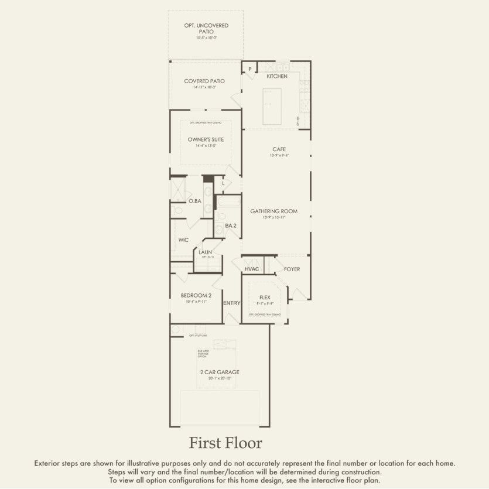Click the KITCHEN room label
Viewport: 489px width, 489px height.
click(x=277, y=77)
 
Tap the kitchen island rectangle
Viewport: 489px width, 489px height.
click(x=271, y=106)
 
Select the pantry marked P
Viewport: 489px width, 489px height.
click(x=249, y=70)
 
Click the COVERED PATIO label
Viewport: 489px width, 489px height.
click(x=204, y=81)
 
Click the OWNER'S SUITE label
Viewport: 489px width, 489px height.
click(x=206, y=139)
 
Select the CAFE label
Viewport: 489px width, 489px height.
click(x=279, y=149)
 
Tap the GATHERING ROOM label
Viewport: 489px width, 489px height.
click(x=274, y=211)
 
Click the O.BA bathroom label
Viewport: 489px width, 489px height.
click(x=195, y=201)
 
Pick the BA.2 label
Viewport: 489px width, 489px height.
click(x=231, y=225)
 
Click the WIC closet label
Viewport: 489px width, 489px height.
click(x=183, y=240)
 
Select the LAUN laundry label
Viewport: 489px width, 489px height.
click(x=205, y=252)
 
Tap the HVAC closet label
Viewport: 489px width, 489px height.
click(x=252, y=269)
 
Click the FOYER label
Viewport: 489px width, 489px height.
click(x=292, y=269)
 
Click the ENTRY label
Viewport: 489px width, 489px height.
click(x=232, y=303)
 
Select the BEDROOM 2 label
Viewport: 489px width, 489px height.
click(x=196, y=296)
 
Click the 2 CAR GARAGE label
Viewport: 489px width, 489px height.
click(x=219, y=372)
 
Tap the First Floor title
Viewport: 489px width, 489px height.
click(x=225, y=442)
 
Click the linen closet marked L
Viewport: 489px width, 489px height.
click(x=223, y=183)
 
